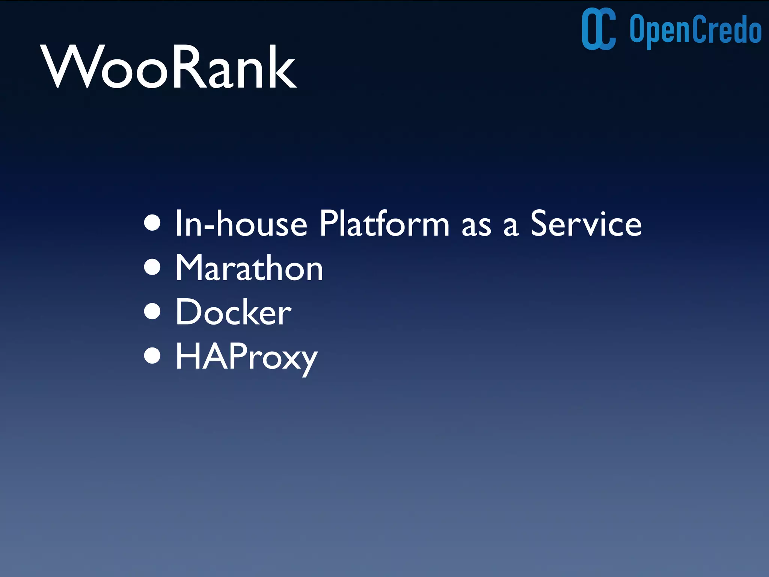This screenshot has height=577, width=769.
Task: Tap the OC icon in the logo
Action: coord(599,29)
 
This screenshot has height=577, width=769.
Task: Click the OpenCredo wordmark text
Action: coord(695,30)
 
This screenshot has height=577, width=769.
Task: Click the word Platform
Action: coord(384,224)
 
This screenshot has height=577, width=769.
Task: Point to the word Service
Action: coord(586,224)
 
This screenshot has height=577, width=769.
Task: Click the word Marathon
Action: coord(249,268)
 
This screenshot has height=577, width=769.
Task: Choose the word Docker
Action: coord(233,312)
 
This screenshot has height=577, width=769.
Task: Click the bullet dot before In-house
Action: coord(152,223)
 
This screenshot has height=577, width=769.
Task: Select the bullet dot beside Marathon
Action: coord(152,267)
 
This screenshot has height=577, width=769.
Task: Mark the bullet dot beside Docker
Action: coord(152,311)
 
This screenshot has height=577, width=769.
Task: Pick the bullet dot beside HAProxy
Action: coord(152,355)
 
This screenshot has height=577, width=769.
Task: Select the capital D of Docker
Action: coord(189,312)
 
